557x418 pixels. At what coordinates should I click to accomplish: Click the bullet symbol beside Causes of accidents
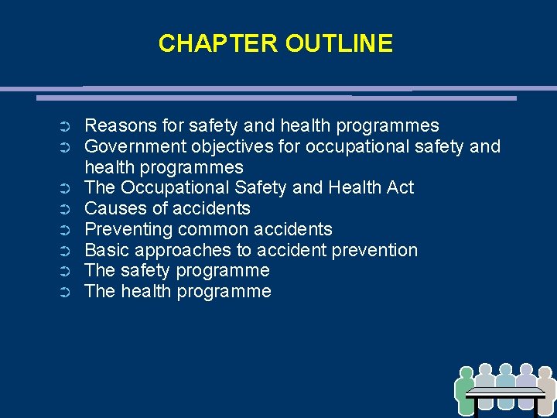pyautogui.click(x=66, y=209)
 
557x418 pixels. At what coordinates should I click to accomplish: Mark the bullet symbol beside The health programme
pyautogui.click(x=66, y=293)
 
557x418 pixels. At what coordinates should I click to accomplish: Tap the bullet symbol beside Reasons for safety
pyautogui.click(x=66, y=126)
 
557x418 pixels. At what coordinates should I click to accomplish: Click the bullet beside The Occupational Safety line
pyautogui.click(x=66, y=188)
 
